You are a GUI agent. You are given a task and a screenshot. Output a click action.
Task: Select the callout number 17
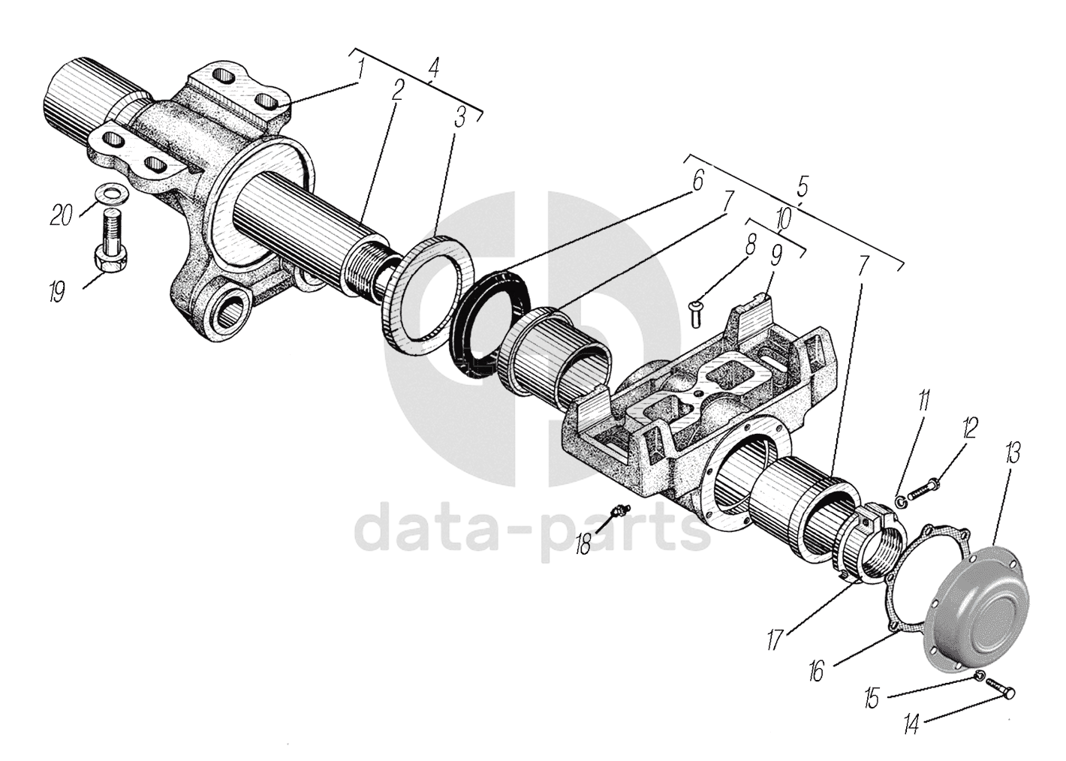point(775,639)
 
